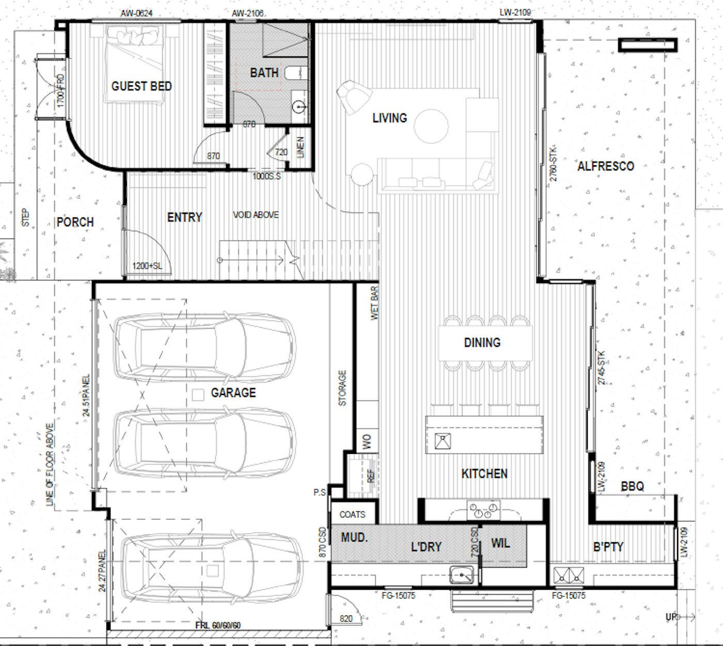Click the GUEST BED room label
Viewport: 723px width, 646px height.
[142, 86]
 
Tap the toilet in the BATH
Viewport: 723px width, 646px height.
[296, 73]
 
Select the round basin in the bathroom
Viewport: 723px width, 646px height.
[299, 107]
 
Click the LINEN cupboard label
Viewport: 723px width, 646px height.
[301, 147]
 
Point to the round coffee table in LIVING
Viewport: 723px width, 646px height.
[431, 126]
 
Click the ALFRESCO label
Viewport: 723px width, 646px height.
[605, 166]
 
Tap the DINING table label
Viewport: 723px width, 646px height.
[482, 342]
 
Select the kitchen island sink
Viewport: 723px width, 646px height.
[443, 442]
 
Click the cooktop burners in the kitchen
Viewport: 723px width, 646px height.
[484, 510]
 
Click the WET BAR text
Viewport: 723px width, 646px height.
[375, 303]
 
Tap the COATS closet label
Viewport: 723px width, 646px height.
[352, 515]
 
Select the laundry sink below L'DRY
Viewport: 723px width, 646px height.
[461, 574]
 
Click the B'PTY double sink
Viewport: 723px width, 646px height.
[569, 575]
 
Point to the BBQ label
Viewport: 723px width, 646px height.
[632, 486]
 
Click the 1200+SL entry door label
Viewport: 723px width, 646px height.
[147, 266]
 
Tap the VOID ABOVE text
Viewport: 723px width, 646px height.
[256, 215]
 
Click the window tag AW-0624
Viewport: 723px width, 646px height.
[137, 13]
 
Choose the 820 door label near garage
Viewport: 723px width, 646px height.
[346, 619]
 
